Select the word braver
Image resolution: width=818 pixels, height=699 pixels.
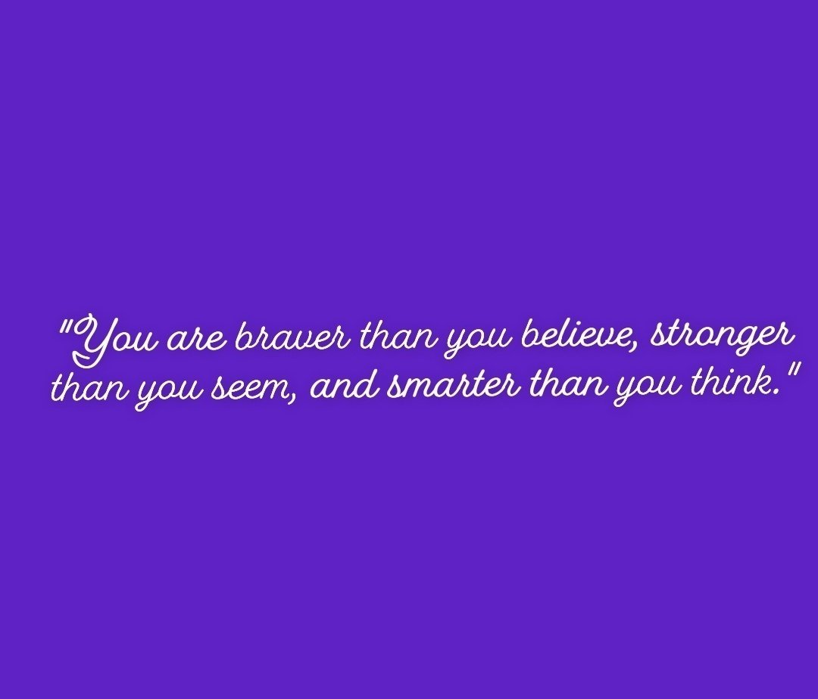coord(296,337)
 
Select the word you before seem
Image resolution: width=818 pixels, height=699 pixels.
coord(167,394)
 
